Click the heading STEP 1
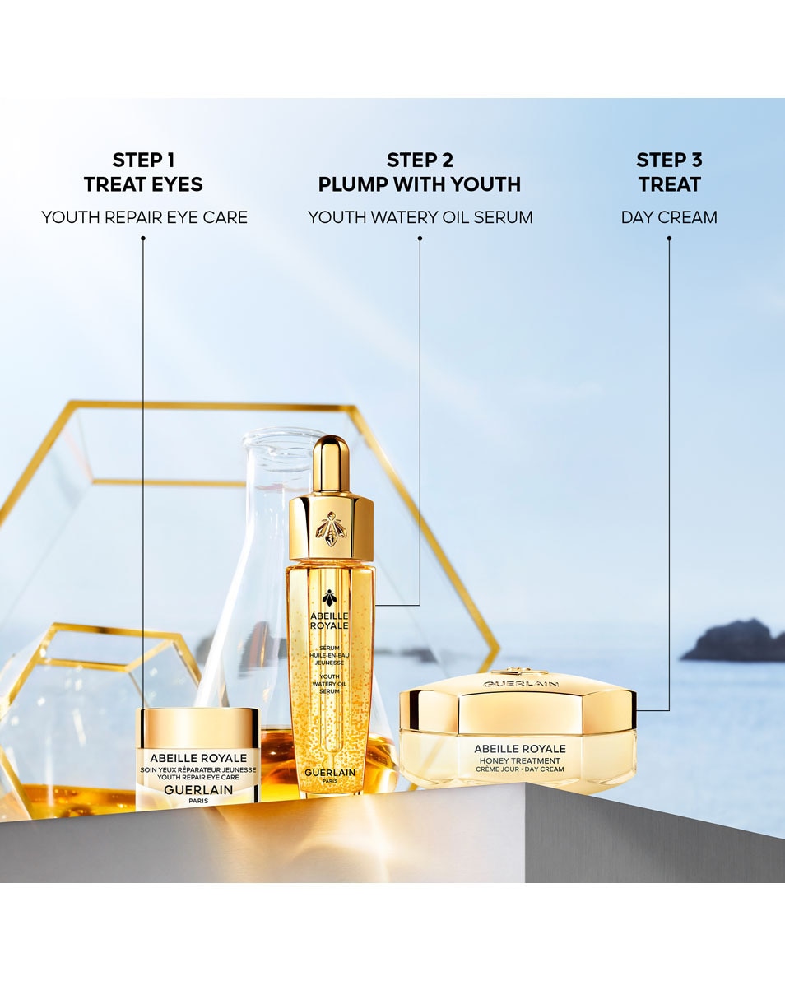pyautogui.click(x=143, y=160)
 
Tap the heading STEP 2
pyautogui.click(x=420, y=160)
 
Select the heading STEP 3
pyautogui.click(x=669, y=160)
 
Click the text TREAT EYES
pyautogui.click(x=143, y=184)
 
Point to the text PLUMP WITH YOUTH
pyautogui.click(x=420, y=184)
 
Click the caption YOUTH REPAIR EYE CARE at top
pyautogui.click(x=144, y=217)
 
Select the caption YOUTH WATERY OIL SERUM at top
pyautogui.click(x=420, y=217)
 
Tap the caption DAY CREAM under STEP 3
pyautogui.click(x=669, y=217)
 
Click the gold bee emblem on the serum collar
pyautogui.click(x=331, y=528)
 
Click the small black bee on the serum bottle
pyautogui.click(x=329, y=598)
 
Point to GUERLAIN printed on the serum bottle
pyautogui.click(x=330, y=772)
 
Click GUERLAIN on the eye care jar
pyautogui.click(x=197, y=789)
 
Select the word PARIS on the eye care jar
pyautogui.click(x=197, y=801)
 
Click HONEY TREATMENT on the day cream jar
pyautogui.click(x=519, y=761)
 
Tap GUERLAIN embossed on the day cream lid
pyautogui.click(x=520, y=684)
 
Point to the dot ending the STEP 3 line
pyautogui.click(x=669, y=239)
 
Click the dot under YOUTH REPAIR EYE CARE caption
pyautogui.click(x=143, y=239)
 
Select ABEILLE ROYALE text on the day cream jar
pyautogui.click(x=519, y=748)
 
